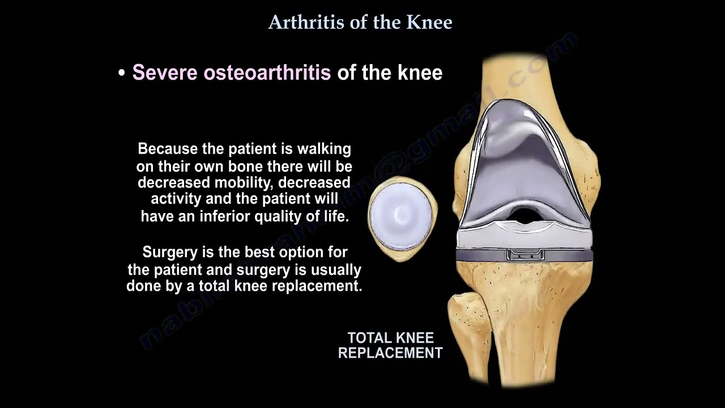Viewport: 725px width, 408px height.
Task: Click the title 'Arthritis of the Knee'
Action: pyautogui.click(x=360, y=22)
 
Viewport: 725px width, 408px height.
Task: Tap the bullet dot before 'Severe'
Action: pyautogui.click(x=121, y=74)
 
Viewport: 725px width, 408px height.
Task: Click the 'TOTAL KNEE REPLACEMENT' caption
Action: pyautogui.click(x=390, y=345)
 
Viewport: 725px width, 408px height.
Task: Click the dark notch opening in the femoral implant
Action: pyautogui.click(x=525, y=215)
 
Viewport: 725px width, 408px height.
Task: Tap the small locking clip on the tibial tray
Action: pyautogui.click(x=525, y=254)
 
